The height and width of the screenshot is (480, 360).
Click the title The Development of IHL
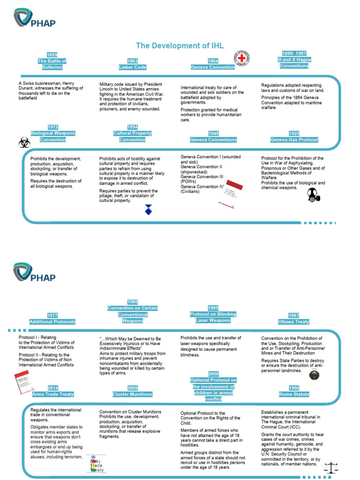point(180,45)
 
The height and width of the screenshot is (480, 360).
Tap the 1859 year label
point(52,55)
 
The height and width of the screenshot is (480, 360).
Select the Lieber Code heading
point(132,67)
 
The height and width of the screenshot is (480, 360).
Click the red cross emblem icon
point(242,59)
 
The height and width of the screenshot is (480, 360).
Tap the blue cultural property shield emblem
point(149,209)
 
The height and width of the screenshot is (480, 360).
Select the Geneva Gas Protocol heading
point(294,140)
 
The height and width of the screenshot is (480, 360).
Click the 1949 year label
point(213,134)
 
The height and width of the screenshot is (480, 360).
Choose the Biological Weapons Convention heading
point(52,136)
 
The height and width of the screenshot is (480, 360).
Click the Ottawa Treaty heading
point(293,322)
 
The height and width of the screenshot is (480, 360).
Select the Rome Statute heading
point(293,394)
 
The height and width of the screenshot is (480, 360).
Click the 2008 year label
point(133,388)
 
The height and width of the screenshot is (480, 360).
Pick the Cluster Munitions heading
point(133,394)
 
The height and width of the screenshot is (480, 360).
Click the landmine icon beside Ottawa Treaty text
point(314,374)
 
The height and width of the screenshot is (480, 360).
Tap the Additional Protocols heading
point(52,322)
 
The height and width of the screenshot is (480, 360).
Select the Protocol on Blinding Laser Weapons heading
point(213,317)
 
